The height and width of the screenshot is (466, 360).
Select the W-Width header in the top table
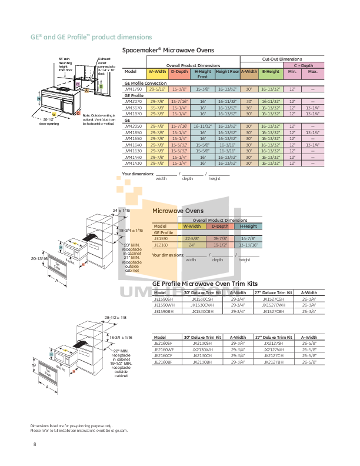(x=157, y=71)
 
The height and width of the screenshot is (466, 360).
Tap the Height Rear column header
(x=227, y=74)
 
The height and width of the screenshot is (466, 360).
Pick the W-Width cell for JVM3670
(x=157, y=108)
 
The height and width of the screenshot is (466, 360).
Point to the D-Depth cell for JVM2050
(x=179, y=126)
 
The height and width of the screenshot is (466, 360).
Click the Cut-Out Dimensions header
(x=281, y=59)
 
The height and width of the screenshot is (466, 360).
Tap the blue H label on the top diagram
(x=39, y=99)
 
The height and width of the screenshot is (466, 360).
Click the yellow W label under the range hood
(x=54, y=114)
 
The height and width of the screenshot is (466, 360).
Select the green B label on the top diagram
(x=101, y=86)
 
